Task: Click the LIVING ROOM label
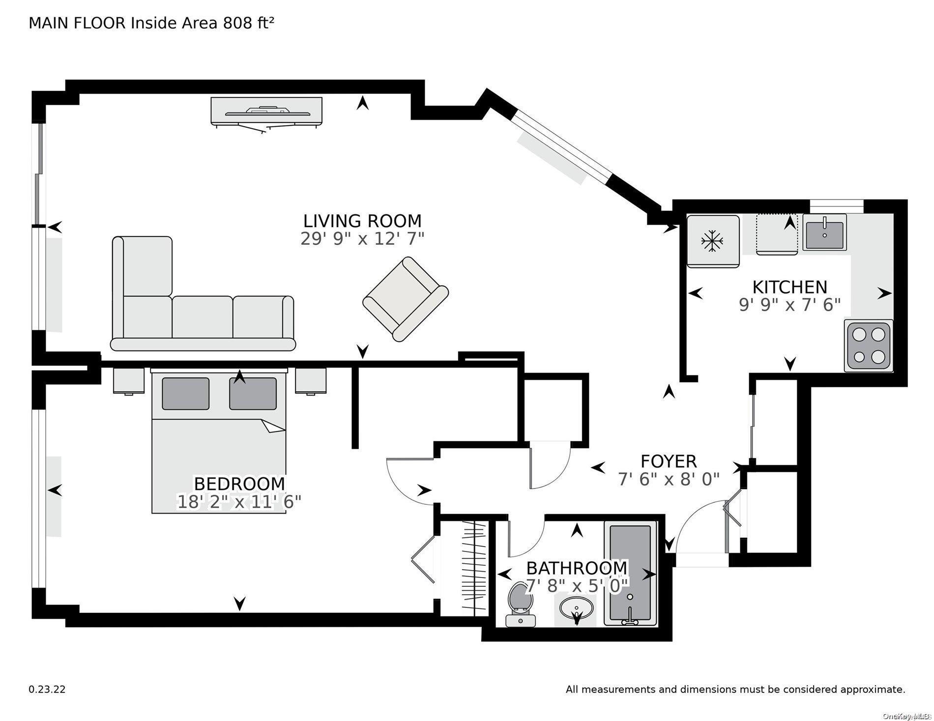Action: (362, 221)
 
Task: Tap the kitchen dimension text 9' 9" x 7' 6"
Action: (789, 305)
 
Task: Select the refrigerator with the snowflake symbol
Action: (712, 241)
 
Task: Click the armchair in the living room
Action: (405, 299)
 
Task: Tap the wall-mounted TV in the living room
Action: (267, 113)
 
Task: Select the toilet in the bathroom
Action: (519, 604)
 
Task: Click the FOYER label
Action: (669, 461)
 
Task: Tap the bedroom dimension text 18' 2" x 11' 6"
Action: (239, 502)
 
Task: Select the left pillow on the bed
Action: (185, 394)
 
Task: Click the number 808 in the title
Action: (237, 23)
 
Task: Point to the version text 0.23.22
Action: (47, 690)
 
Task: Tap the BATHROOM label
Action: (577, 568)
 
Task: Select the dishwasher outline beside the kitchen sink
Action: (777, 234)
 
